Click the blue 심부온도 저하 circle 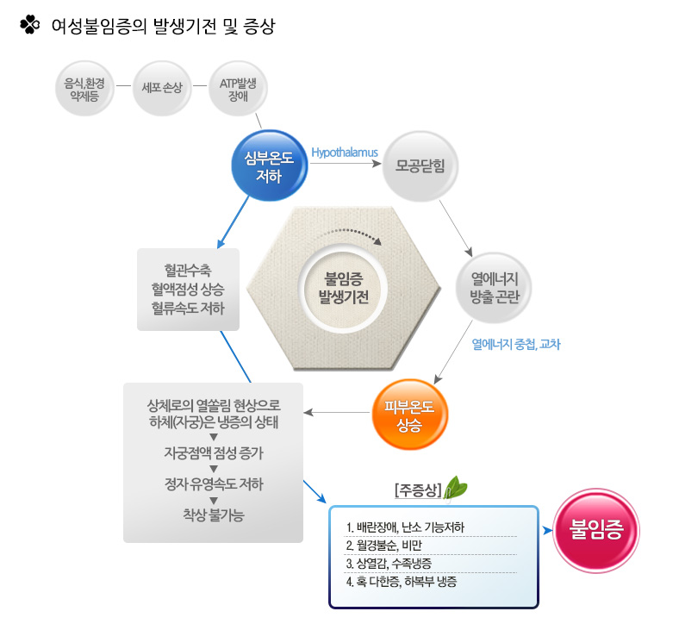270,165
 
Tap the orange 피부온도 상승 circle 409,415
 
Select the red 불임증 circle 596,530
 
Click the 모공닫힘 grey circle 420,165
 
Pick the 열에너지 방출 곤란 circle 494,288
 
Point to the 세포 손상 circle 162,88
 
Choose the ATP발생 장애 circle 238,88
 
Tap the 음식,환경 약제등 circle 84,88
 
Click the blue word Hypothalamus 345,153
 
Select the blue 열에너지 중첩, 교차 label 516,344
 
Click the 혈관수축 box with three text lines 189,290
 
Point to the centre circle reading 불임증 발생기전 343,288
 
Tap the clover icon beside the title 29,25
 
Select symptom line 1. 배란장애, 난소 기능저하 405,527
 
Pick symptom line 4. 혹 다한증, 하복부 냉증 402,582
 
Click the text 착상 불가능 214,515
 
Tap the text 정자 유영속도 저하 214,483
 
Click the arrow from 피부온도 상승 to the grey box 337,412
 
